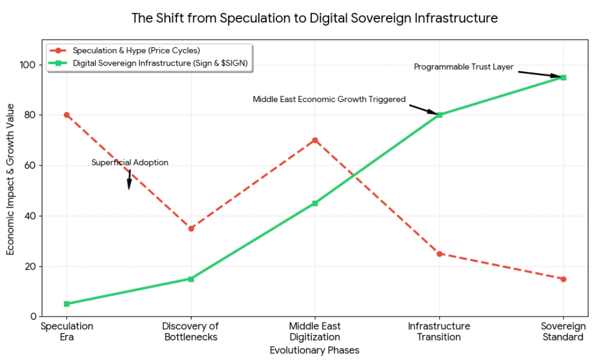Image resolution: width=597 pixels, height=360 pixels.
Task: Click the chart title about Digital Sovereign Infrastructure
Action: (x=314, y=18)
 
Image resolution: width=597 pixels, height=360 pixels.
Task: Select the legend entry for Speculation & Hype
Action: (x=136, y=51)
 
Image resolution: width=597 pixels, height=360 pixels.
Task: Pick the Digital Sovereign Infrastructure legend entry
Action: (x=160, y=64)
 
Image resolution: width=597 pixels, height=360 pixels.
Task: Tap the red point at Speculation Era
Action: (x=67, y=115)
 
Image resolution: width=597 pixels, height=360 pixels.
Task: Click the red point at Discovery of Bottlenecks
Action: (x=191, y=228)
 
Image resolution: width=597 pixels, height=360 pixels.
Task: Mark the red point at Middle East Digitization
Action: (x=315, y=140)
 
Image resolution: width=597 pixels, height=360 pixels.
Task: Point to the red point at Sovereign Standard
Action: (x=564, y=279)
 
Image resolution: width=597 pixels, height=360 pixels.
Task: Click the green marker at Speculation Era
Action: (x=67, y=304)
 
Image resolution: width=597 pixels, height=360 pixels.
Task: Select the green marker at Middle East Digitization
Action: (x=315, y=203)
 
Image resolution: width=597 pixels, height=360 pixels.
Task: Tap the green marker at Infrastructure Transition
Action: (x=439, y=115)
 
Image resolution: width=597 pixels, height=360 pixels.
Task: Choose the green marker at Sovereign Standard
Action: (x=564, y=77)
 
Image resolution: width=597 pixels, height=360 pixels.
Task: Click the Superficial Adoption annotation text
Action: (x=130, y=163)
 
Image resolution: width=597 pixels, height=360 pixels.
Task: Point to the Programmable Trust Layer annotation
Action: (x=463, y=67)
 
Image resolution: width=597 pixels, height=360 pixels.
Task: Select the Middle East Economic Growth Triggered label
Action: (x=329, y=99)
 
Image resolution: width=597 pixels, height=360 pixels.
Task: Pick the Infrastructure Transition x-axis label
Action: (x=439, y=332)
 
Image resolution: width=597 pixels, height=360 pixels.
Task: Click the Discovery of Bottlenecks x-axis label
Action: (x=190, y=332)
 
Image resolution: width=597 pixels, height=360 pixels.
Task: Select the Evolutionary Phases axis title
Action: (x=315, y=351)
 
